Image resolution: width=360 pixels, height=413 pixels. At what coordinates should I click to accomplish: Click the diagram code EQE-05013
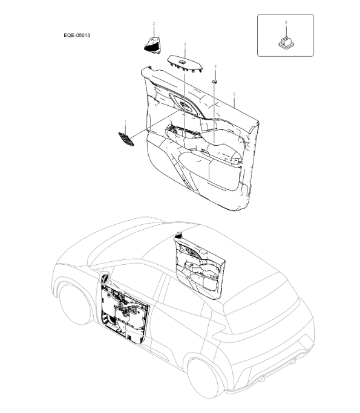click(x=77, y=35)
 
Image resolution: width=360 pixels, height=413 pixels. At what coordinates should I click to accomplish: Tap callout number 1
click(x=125, y=122)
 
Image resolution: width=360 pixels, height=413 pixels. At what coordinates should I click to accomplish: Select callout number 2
click(x=154, y=24)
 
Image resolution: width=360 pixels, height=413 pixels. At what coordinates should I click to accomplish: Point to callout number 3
click(x=185, y=45)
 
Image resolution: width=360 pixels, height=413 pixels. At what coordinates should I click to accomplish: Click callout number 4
click(x=215, y=67)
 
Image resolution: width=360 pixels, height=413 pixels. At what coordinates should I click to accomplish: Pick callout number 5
click(x=234, y=94)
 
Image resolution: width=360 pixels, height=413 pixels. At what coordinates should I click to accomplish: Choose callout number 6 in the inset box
click(x=286, y=23)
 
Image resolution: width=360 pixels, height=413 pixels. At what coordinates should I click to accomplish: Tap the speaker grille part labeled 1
click(x=126, y=139)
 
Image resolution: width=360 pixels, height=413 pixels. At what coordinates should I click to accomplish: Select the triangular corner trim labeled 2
click(x=152, y=45)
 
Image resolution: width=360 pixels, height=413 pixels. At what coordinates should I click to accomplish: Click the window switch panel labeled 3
click(x=185, y=63)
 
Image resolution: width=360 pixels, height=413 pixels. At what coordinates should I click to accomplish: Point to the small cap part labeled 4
click(x=215, y=81)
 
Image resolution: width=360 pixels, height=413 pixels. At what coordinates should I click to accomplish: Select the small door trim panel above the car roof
click(x=200, y=266)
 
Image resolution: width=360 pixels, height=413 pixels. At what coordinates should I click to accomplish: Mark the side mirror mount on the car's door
click(x=105, y=278)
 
